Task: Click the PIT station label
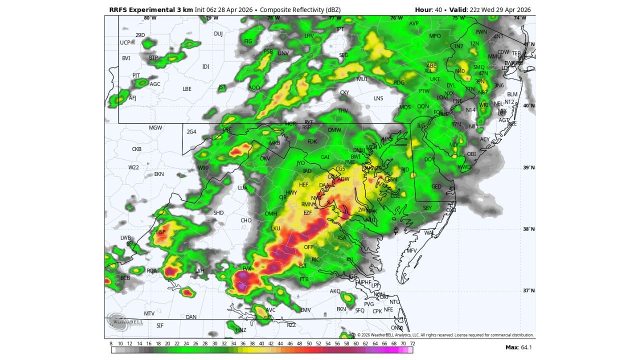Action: [x=136, y=76]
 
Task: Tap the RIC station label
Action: [x=315, y=260]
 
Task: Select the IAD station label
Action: [x=307, y=171]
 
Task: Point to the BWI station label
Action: [x=355, y=156]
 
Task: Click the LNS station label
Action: [x=378, y=98]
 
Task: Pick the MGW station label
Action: [x=155, y=128]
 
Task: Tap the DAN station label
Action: [x=191, y=317]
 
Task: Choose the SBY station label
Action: [x=427, y=208]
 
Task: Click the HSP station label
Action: [x=160, y=232]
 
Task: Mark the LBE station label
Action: [x=187, y=89]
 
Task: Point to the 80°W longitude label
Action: [x=150, y=18]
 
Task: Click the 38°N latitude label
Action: [x=528, y=229]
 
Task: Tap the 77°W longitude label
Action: [x=335, y=18]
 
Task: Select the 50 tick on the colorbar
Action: [x=309, y=343]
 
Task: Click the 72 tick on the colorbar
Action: [x=412, y=343]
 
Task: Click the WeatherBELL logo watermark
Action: [x=125, y=322]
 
